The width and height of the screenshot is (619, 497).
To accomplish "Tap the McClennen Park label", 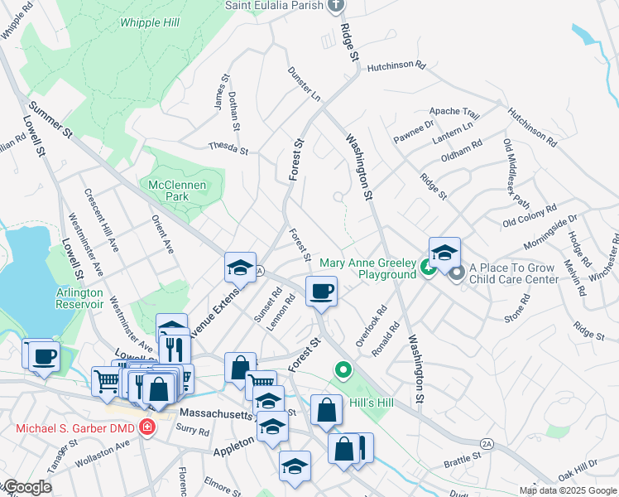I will [x=169, y=191].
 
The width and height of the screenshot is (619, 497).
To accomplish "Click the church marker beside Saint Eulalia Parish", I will [x=335, y=6].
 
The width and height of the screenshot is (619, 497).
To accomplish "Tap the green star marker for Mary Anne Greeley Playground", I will [x=427, y=268].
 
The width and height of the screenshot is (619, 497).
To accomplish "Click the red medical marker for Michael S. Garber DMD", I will [x=147, y=428].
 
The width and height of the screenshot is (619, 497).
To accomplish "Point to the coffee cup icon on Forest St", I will [x=320, y=290].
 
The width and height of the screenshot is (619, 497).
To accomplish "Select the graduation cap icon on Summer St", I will [x=240, y=267].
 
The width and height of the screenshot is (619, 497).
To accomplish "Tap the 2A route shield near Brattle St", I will [x=487, y=444].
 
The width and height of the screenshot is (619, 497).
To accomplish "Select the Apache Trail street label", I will [x=453, y=112].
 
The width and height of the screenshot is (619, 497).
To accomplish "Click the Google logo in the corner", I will [x=26, y=488].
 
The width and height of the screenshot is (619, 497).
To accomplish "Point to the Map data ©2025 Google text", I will [x=567, y=490].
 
